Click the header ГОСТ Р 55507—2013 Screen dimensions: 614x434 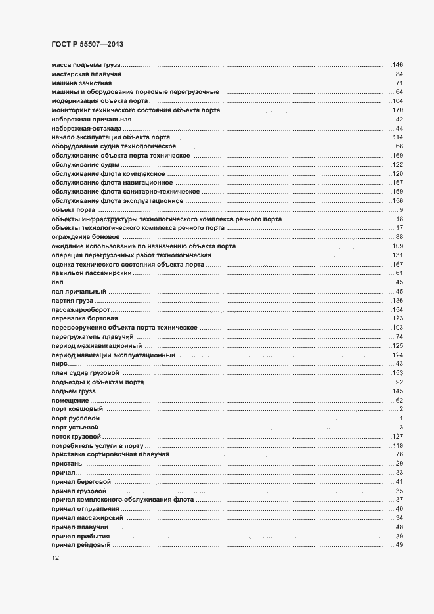(x=87, y=44)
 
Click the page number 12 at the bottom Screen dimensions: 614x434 (x=56, y=558)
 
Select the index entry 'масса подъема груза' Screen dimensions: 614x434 (x=85, y=65)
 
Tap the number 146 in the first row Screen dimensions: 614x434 (x=397, y=65)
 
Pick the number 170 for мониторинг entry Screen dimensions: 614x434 (x=397, y=110)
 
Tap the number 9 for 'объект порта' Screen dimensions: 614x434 (x=401, y=209)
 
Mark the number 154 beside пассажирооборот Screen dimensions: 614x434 (x=397, y=309)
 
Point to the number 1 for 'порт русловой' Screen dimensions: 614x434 (x=401, y=418)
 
